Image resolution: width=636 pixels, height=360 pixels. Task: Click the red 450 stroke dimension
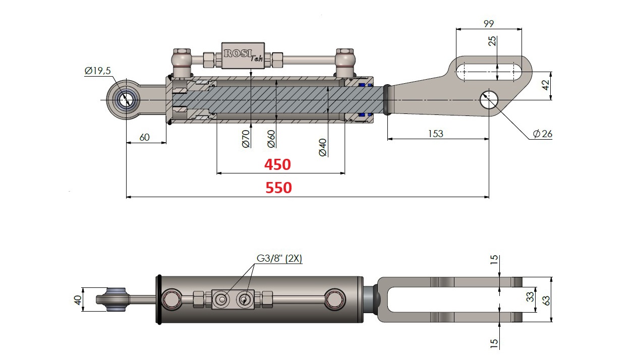tap(277, 164)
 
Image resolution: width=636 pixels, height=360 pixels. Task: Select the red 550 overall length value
tap(278, 188)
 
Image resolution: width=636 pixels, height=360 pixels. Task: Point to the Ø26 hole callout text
tap(543, 134)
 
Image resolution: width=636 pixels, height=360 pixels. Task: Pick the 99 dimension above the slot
tap(488, 23)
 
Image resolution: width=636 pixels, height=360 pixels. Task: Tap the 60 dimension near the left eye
tap(144, 137)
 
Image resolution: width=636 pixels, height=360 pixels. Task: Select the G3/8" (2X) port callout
tap(279, 259)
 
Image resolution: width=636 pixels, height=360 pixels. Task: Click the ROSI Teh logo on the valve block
tap(243, 54)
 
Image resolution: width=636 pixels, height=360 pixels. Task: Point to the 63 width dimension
tap(546, 299)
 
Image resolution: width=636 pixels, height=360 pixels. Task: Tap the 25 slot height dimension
tap(493, 41)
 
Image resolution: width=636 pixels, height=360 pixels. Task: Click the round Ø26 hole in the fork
tap(488, 99)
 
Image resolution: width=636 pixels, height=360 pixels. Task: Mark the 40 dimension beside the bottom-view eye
tap(77, 299)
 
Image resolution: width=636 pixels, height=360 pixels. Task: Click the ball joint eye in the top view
tap(125, 99)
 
